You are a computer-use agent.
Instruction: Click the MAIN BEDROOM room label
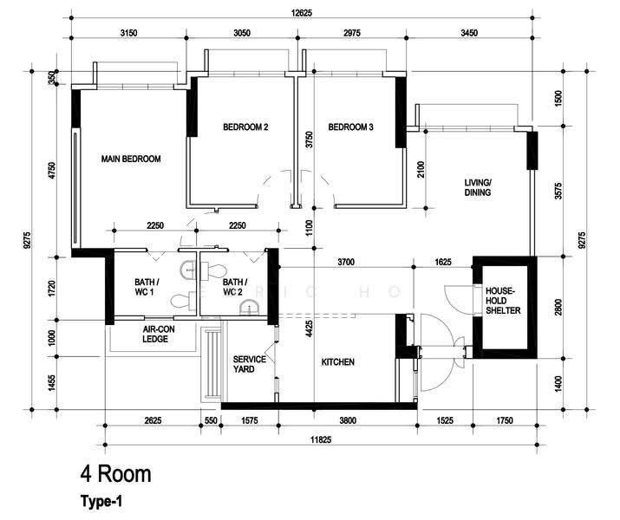pos(131,159)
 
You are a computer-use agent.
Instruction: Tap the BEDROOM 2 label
pos(245,127)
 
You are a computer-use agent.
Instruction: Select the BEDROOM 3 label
pos(350,127)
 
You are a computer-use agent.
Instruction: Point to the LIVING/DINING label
pos(478,188)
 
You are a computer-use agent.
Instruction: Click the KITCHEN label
pos(337,362)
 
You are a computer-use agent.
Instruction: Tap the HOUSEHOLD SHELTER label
pos(503,301)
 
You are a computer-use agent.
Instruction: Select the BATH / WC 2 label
pos(235,287)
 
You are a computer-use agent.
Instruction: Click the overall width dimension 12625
pos(301,13)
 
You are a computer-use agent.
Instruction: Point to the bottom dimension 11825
pos(321,439)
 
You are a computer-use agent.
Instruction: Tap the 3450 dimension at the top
pos(469,33)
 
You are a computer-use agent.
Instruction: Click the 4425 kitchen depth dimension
pos(310,328)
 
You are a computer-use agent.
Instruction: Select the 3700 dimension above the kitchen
pos(346,262)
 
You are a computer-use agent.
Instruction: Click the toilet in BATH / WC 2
pos(213,271)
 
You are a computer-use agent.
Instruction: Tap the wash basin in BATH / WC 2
pos(249,307)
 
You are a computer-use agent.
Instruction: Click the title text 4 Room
pos(116,473)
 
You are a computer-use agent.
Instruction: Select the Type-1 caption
pos(101,502)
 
